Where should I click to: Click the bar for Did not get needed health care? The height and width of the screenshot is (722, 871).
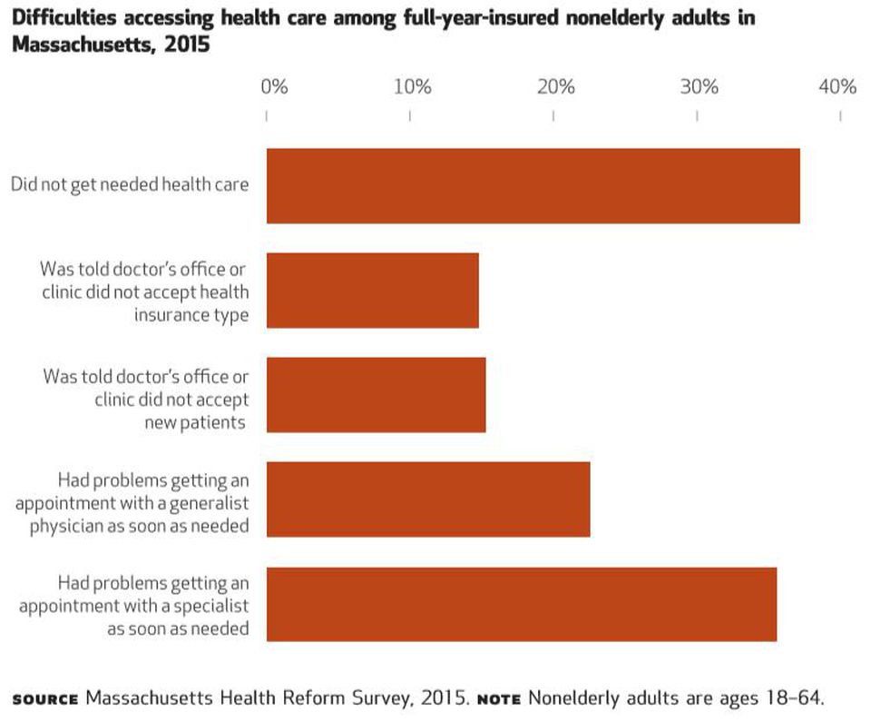click(x=533, y=186)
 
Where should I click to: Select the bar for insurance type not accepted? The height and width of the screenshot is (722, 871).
click(x=372, y=291)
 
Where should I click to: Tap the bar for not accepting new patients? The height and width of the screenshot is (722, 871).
click(x=376, y=395)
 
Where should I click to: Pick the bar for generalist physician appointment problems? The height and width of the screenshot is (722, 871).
click(x=427, y=499)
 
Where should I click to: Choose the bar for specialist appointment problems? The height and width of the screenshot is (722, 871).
click(x=521, y=604)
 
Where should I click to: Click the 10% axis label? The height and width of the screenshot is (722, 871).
click(x=413, y=87)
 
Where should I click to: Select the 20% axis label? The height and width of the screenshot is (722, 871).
click(x=555, y=87)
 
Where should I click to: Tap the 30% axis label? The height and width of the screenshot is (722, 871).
click(x=699, y=87)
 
